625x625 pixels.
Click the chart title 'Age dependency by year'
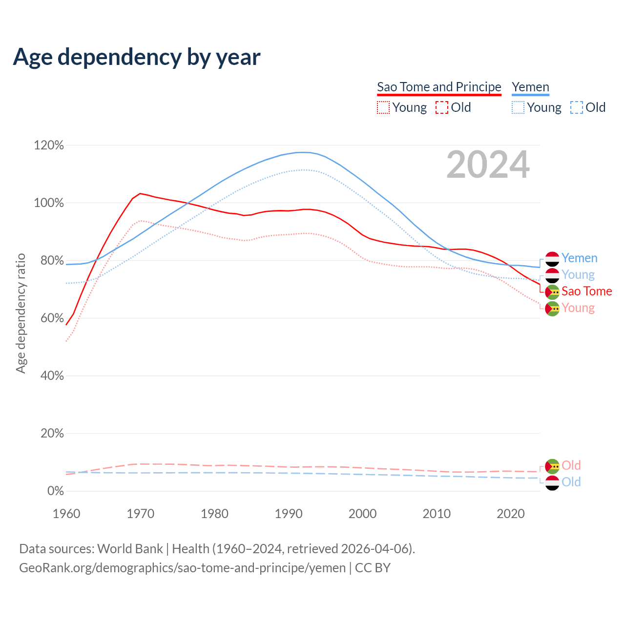tap(137, 57)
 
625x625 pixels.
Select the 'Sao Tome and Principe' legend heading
tap(439, 87)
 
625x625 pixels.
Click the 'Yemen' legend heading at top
tap(530, 87)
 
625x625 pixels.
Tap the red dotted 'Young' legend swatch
tap(383, 107)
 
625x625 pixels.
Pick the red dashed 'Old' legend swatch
tap(441, 107)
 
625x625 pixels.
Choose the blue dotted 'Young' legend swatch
tap(518, 107)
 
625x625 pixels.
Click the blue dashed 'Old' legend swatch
tap(576, 107)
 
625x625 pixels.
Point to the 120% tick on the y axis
tap(49, 145)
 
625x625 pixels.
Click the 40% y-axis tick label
tap(52, 375)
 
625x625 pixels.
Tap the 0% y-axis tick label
tap(56, 491)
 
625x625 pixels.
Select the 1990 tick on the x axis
tap(289, 513)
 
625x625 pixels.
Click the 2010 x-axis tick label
tap(436, 513)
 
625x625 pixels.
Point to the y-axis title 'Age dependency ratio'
tap(21, 313)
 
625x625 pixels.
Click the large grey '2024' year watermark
tap(488, 165)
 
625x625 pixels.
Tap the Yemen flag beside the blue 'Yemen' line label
tap(552, 259)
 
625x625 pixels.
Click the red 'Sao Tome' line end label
tap(586, 291)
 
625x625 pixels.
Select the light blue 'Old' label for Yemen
tap(571, 481)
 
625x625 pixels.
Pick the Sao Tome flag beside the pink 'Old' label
tap(552, 466)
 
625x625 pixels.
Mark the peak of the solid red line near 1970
tap(140, 194)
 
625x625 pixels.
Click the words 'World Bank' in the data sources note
tap(130, 548)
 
